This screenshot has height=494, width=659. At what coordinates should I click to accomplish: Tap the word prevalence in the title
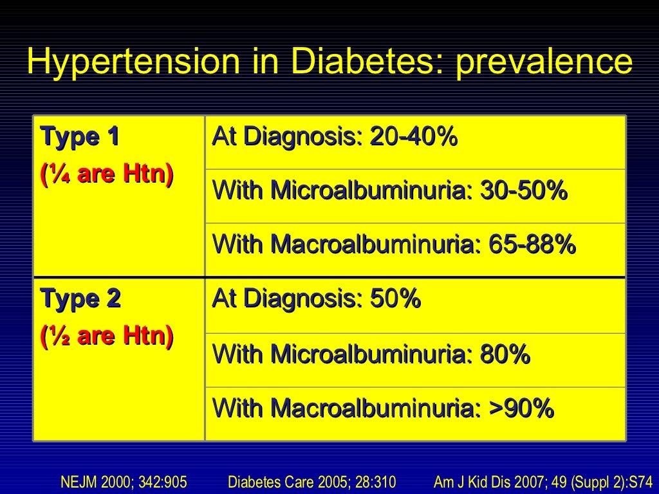[x=544, y=62]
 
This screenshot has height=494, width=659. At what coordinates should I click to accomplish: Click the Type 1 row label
[x=80, y=137]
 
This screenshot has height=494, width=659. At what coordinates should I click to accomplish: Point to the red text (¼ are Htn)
[x=106, y=174]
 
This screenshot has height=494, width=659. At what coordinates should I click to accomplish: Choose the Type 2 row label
[x=80, y=299]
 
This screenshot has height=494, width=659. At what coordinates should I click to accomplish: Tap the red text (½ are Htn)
[x=106, y=336]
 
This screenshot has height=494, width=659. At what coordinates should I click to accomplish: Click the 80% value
[x=505, y=354]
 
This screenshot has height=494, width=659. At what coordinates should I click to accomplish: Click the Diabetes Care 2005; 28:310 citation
[x=312, y=480]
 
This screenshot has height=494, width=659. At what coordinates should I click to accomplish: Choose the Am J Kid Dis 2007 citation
[x=543, y=480]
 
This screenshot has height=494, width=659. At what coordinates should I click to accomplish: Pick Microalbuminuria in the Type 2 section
[x=371, y=354]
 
